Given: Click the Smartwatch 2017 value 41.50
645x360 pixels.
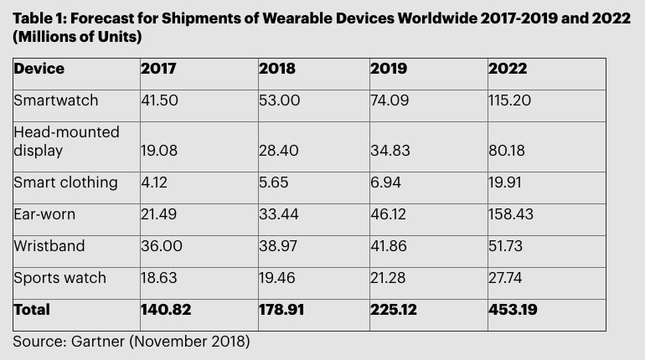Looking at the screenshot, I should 160,100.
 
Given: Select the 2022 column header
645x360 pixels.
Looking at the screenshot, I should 507,69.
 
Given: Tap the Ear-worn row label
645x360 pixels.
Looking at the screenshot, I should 44,214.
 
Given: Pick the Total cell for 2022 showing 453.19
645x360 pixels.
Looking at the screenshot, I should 513,310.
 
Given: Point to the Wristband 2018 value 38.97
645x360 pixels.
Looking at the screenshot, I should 279,246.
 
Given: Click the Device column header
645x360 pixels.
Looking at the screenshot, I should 39,69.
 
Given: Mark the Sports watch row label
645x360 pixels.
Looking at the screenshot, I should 59,278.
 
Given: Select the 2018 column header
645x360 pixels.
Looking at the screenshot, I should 278,69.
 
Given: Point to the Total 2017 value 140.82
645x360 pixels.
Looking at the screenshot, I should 166,310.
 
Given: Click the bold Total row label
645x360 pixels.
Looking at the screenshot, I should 32,310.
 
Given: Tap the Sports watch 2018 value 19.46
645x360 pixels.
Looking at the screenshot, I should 278,278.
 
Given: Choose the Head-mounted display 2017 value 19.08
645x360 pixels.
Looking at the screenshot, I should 159,151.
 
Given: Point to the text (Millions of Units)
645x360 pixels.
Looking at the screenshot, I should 77,38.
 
